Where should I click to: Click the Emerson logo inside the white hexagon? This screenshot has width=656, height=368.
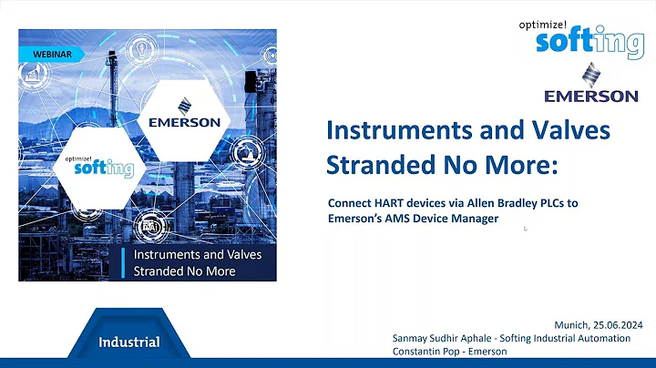coord(185,112)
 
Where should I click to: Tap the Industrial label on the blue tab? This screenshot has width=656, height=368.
coord(129,342)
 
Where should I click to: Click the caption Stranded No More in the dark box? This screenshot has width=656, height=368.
coord(185,271)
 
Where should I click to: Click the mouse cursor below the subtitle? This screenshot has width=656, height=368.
coord(525,229)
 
